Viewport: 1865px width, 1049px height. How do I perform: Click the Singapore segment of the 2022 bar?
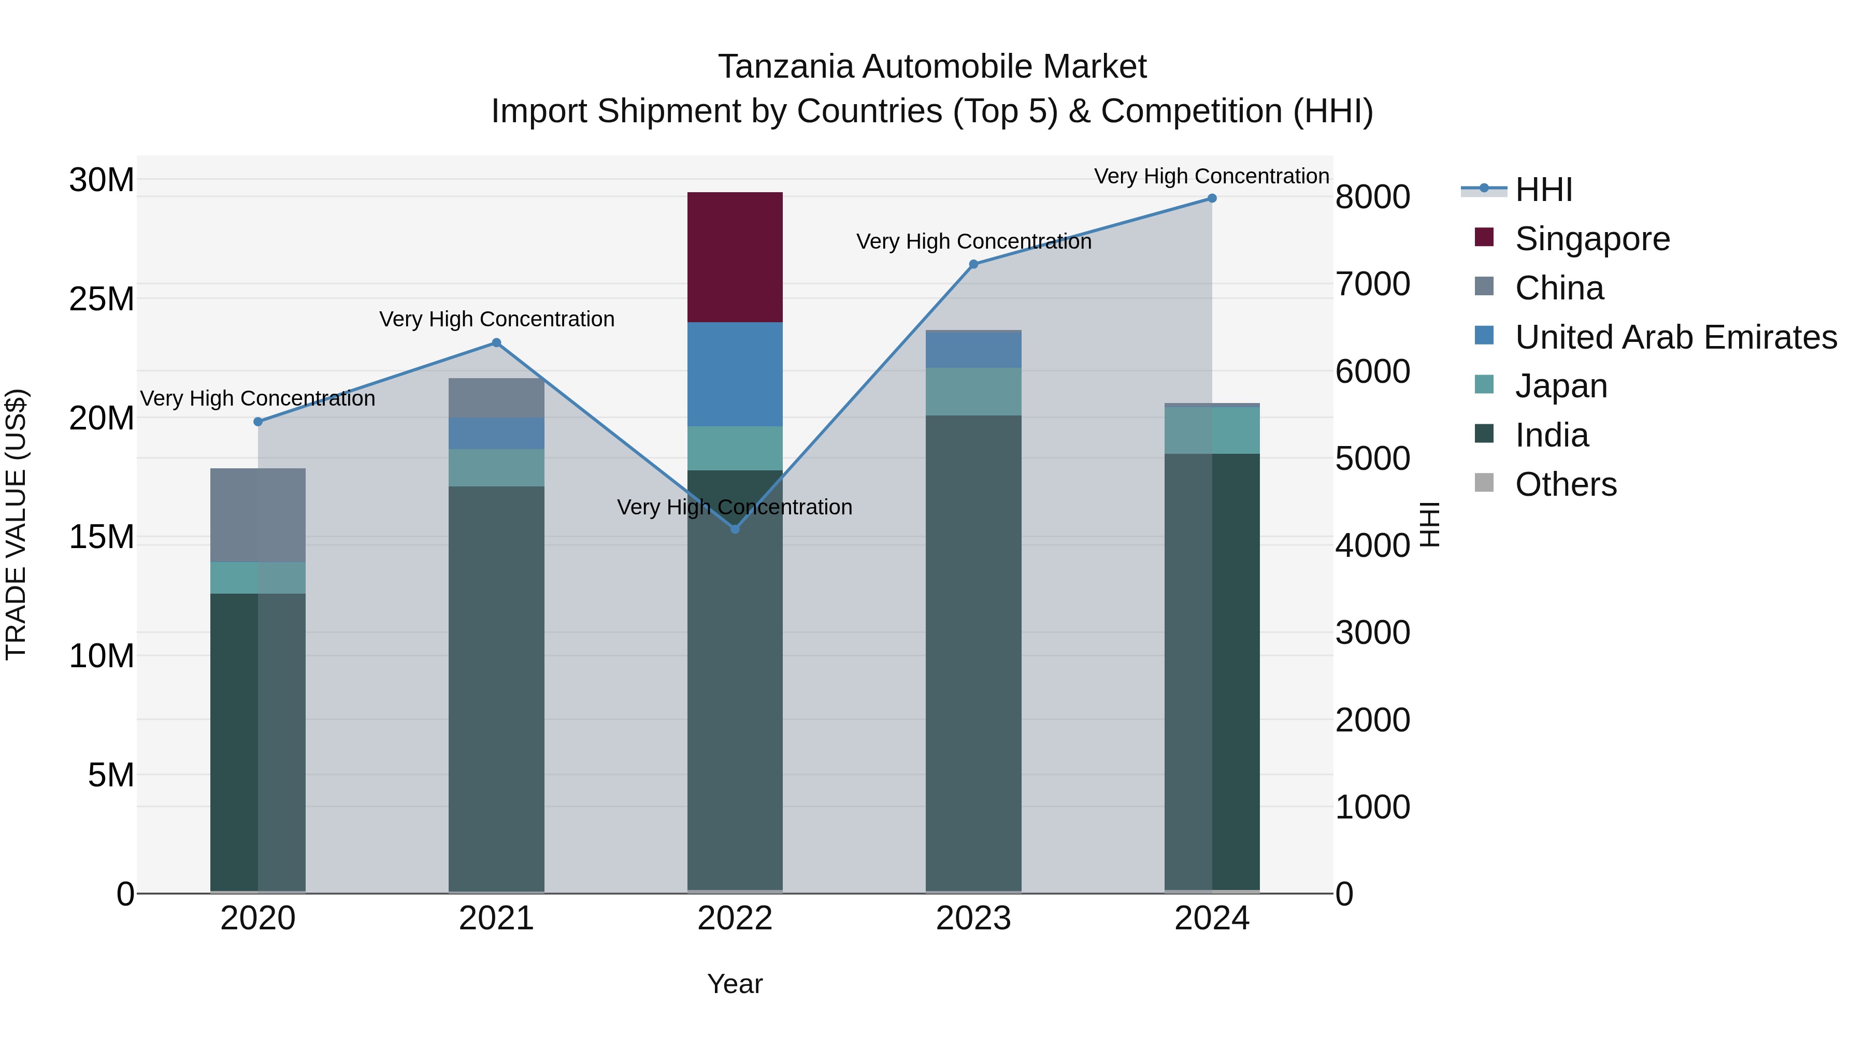tap(734, 257)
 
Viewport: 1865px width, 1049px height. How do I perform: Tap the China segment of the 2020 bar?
tap(258, 515)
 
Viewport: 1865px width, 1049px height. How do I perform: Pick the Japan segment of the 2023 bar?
tap(973, 391)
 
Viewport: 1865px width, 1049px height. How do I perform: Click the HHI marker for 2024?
tap(1211, 198)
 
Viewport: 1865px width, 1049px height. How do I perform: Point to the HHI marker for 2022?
tap(735, 529)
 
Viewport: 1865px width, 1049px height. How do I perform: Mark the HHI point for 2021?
tap(496, 343)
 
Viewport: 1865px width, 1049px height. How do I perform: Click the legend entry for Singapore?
tap(1591, 239)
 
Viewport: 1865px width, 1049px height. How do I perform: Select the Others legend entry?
tap(1565, 484)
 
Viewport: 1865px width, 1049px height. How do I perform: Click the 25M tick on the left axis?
tap(102, 299)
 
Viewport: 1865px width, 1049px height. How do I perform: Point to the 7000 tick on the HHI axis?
tap(1372, 284)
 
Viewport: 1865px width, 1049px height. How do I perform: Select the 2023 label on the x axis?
tap(973, 918)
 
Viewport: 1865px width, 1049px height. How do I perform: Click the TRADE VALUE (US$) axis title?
tap(17, 524)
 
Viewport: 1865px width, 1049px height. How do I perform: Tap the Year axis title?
tap(734, 984)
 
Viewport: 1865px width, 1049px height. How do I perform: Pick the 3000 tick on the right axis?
tap(1372, 633)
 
